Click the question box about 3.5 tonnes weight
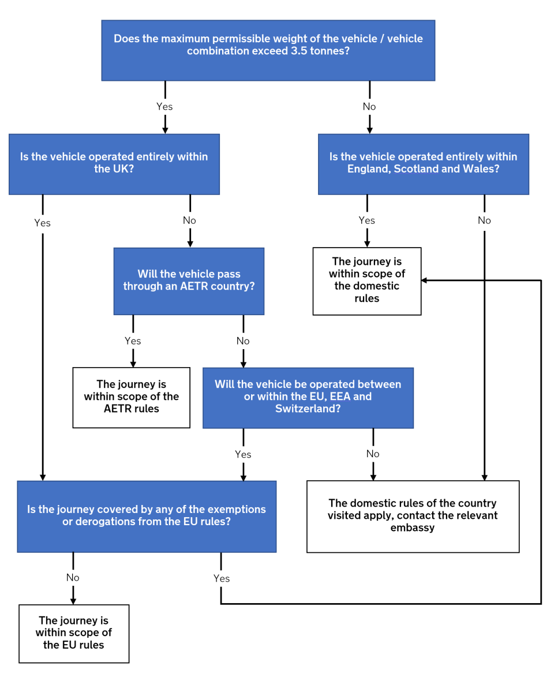[268, 50]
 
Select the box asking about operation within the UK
[114, 164]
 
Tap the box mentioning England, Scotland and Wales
[423, 164]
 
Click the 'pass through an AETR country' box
[189, 280]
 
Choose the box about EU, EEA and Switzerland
[308, 398]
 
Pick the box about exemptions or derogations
[147, 516]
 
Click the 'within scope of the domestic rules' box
[366, 280]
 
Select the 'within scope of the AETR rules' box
[131, 397]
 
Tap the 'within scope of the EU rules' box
[73, 633]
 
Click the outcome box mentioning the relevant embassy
[413, 516]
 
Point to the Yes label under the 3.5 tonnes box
[164, 107]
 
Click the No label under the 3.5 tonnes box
[369, 107]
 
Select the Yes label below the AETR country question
[133, 341]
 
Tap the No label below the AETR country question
[243, 341]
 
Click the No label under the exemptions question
[73, 578]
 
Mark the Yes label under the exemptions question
[221, 579]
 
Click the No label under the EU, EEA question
[373, 454]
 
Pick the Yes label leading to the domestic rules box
[366, 220]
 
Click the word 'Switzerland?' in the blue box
[308, 409]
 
